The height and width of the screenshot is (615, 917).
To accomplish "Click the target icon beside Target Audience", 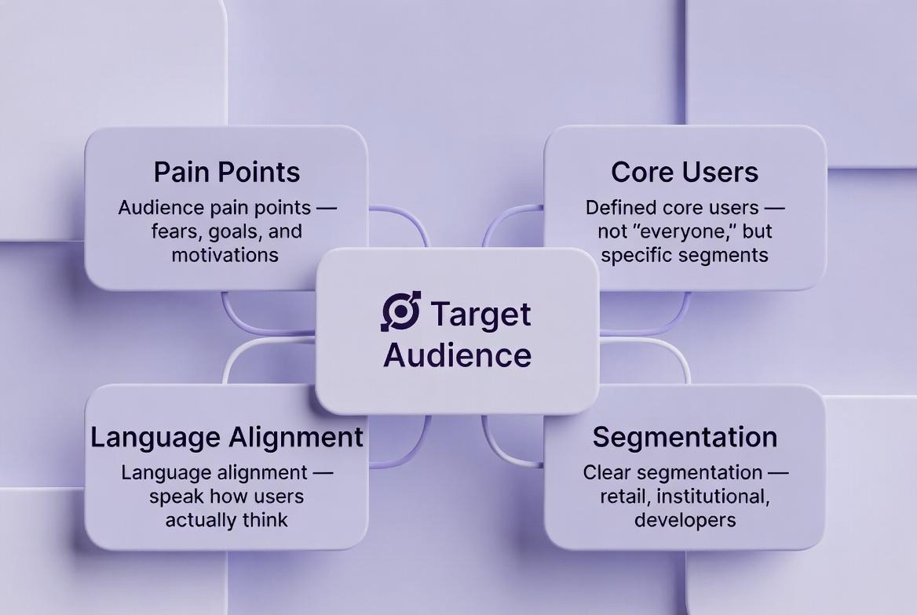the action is click(400, 311).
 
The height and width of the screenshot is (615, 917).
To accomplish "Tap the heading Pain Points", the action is click(226, 172).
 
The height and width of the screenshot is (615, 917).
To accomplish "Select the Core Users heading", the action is click(685, 172).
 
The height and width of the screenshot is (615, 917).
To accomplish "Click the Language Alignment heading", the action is click(226, 437).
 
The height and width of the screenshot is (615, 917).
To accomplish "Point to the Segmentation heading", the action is click(685, 437).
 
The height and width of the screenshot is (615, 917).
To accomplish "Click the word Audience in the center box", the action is click(457, 355).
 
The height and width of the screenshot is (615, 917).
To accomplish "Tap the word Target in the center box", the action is click(480, 314).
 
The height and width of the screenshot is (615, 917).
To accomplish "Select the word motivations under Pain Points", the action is click(225, 255).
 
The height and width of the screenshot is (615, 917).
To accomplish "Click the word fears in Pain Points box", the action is click(174, 232).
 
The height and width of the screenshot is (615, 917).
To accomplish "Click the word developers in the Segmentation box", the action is click(685, 519).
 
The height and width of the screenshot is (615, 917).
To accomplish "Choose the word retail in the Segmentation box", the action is click(624, 497).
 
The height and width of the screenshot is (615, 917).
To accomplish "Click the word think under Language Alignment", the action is click(265, 519).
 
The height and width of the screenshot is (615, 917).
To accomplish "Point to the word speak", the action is click(175, 497).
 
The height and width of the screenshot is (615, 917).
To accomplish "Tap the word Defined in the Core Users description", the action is click(622, 208).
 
